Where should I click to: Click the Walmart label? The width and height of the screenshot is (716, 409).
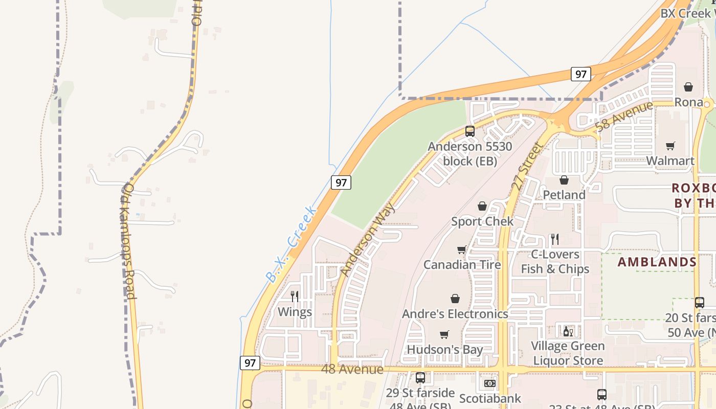click(x=670, y=161)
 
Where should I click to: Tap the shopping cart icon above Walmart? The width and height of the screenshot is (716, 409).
click(x=670, y=146)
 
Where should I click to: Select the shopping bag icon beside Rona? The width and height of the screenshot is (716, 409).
click(x=688, y=87)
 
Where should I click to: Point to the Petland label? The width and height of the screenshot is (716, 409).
click(x=564, y=195)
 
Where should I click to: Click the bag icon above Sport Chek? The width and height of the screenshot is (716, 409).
click(x=482, y=206)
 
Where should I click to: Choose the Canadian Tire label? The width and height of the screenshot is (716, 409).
click(x=462, y=265)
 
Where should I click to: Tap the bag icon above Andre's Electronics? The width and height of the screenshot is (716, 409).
click(x=455, y=299)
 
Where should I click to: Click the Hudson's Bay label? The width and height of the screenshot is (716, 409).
click(x=444, y=350)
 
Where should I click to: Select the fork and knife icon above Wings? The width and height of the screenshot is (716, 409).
click(x=295, y=297)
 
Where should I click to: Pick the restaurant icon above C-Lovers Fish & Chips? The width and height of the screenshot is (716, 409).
click(x=555, y=239)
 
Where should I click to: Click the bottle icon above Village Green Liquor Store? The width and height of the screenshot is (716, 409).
click(x=568, y=331)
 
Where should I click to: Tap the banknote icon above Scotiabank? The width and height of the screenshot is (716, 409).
click(x=489, y=383)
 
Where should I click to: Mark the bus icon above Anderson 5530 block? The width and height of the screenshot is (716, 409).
click(x=469, y=131)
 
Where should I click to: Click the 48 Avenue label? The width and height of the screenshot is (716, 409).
click(x=352, y=369)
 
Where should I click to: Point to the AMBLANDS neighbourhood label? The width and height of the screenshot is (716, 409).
click(x=657, y=262)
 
